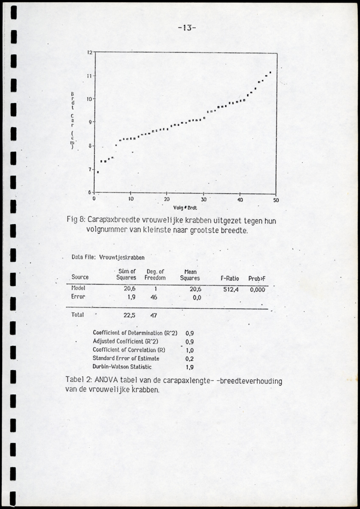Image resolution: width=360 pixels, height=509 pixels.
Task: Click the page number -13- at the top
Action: [x=187, y=28]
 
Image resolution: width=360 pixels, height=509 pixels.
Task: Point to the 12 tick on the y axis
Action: [x=90, y=53]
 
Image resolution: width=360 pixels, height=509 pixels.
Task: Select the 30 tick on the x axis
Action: [x=204, y=199]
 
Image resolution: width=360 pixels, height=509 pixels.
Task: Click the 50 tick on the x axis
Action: [x=276, y=199]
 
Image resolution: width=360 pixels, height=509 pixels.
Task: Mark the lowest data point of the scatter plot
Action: [x=98, y=172]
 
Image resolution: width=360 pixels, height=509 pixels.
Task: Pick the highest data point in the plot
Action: [x=270, y=73]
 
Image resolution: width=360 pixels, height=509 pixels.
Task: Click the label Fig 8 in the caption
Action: [x=77, y=220]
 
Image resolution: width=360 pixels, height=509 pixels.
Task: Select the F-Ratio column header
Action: [x=230, y=278]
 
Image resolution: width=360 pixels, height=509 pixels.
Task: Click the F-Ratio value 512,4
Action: [x=232, y=289]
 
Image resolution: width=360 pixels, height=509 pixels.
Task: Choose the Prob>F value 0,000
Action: [x=257, y=289]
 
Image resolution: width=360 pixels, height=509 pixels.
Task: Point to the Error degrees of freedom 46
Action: [x=153, y=297]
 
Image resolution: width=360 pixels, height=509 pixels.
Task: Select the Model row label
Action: [x=79, y=288]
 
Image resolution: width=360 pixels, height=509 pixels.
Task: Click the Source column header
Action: [x=80, y=277]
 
